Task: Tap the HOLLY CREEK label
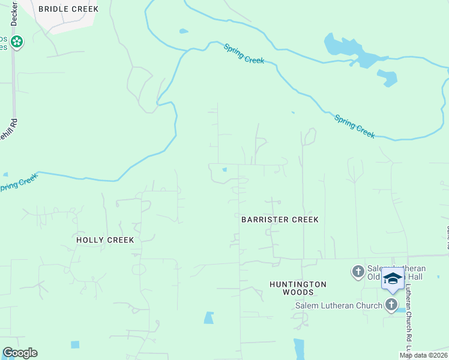(x=105, y=240)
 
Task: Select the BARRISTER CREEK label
(x=280, y=220)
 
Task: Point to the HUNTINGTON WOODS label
(x=298, y=288)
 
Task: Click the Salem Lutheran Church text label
(x=339, y=305)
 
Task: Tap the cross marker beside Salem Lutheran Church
(x=392, y=305)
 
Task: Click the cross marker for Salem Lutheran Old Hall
(x=358, y=272)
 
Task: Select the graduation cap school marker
(x=393, y=279)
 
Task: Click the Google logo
(x=20, y=353)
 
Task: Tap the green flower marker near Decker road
(x=17, y=41)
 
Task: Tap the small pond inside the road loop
(x=224, y=170)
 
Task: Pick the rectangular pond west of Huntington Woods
(x=208, y=317)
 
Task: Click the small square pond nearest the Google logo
(x=74, y=344)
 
